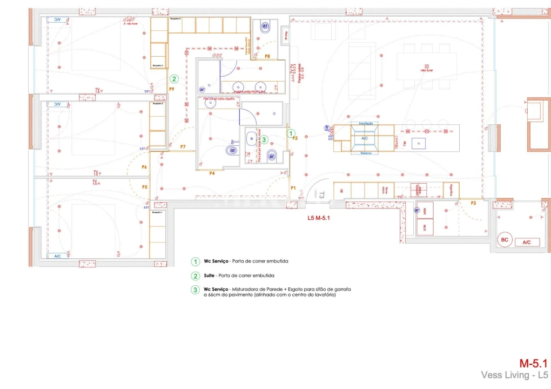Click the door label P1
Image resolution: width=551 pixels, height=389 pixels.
point(293,188)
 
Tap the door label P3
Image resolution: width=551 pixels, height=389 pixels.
point(473,203)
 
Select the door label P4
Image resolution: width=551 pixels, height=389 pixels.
point(212,173)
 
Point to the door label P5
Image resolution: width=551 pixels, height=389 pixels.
point(145,187)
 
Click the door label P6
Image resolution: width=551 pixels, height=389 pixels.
point(144,167)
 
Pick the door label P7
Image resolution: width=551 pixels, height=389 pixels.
point(183,147)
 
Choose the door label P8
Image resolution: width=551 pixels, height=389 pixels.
point(267,56)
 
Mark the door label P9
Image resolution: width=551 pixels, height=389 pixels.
point(171,89)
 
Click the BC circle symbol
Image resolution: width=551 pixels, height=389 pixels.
point(505,239)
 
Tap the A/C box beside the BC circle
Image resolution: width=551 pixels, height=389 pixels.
point(527,243)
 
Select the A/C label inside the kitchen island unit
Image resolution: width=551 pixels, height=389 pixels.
point(365,138)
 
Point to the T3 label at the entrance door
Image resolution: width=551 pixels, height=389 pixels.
point(321,195)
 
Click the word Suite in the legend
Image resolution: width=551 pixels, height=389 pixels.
point(210,276)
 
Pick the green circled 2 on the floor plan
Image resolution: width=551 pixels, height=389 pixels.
point(174,79)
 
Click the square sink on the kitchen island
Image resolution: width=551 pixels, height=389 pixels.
point(418,143)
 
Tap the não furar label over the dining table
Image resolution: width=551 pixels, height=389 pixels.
point(427,70)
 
